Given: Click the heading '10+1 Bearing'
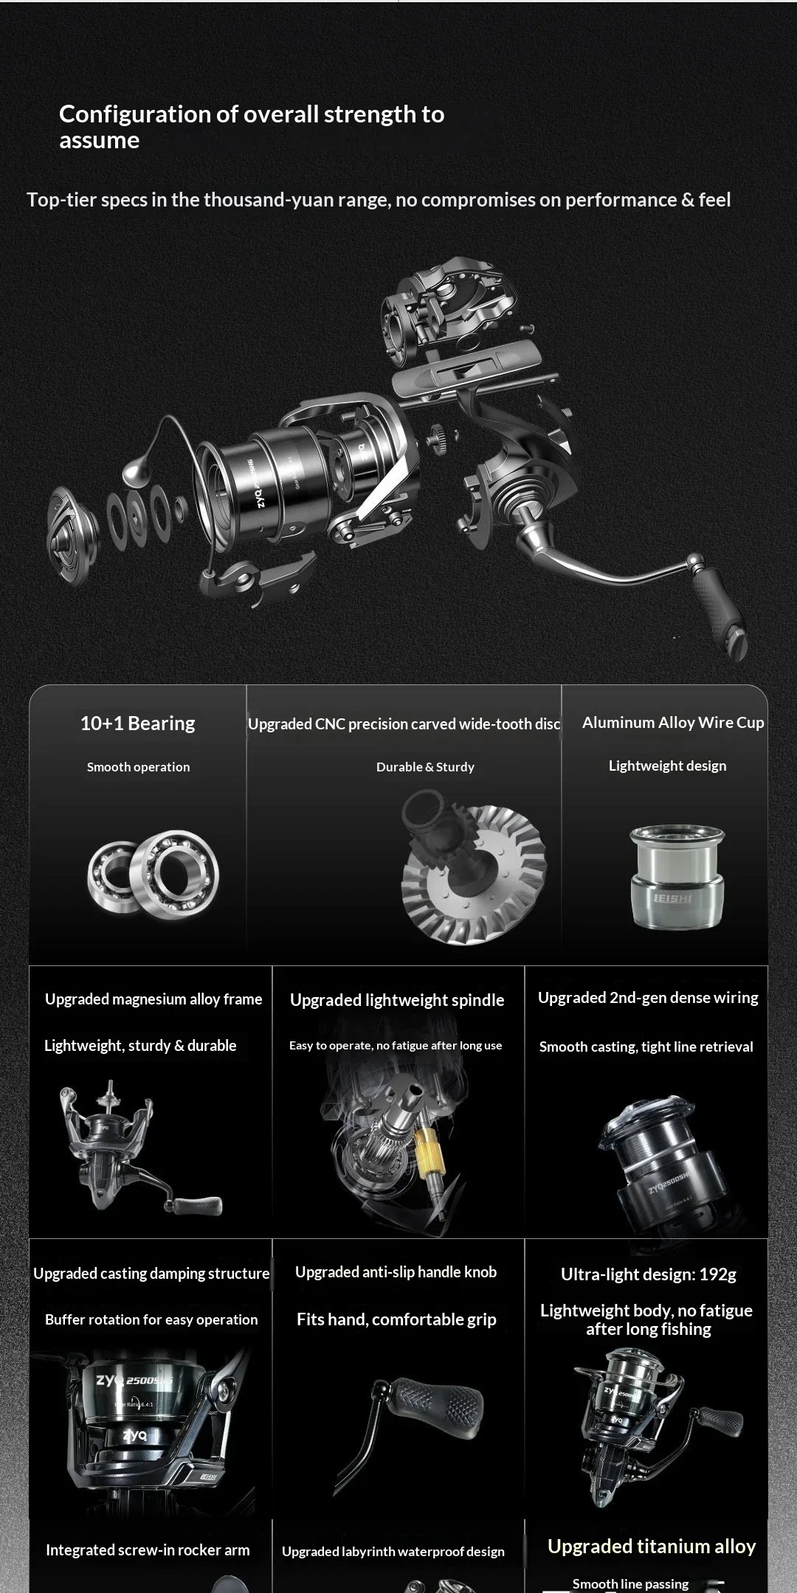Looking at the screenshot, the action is (x=138, y=723).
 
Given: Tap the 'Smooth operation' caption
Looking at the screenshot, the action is (x=139, y=767).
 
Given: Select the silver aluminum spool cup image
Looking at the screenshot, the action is (x=677, y=876).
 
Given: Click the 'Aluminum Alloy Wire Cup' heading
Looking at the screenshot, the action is (x=673, y=723).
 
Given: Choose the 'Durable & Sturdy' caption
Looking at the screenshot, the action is (x=425, y=767).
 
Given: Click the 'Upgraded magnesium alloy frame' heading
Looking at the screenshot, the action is (x=153, y=999).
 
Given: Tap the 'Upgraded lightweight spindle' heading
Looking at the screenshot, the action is (x=397, y=1000).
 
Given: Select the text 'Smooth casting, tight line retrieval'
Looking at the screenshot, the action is (x=646, y=1047).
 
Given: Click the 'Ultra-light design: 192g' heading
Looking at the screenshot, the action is (x=649, y=1274).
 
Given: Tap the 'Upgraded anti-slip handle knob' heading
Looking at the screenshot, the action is (x=396, y=1272).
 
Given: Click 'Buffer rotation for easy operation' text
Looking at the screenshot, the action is (x=151, y=1320).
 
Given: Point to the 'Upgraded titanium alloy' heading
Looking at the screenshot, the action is (x=652, y=1547).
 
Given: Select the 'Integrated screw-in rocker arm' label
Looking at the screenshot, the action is (x=148, y=1550).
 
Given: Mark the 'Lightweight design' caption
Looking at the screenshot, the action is (x=667, y=766).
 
